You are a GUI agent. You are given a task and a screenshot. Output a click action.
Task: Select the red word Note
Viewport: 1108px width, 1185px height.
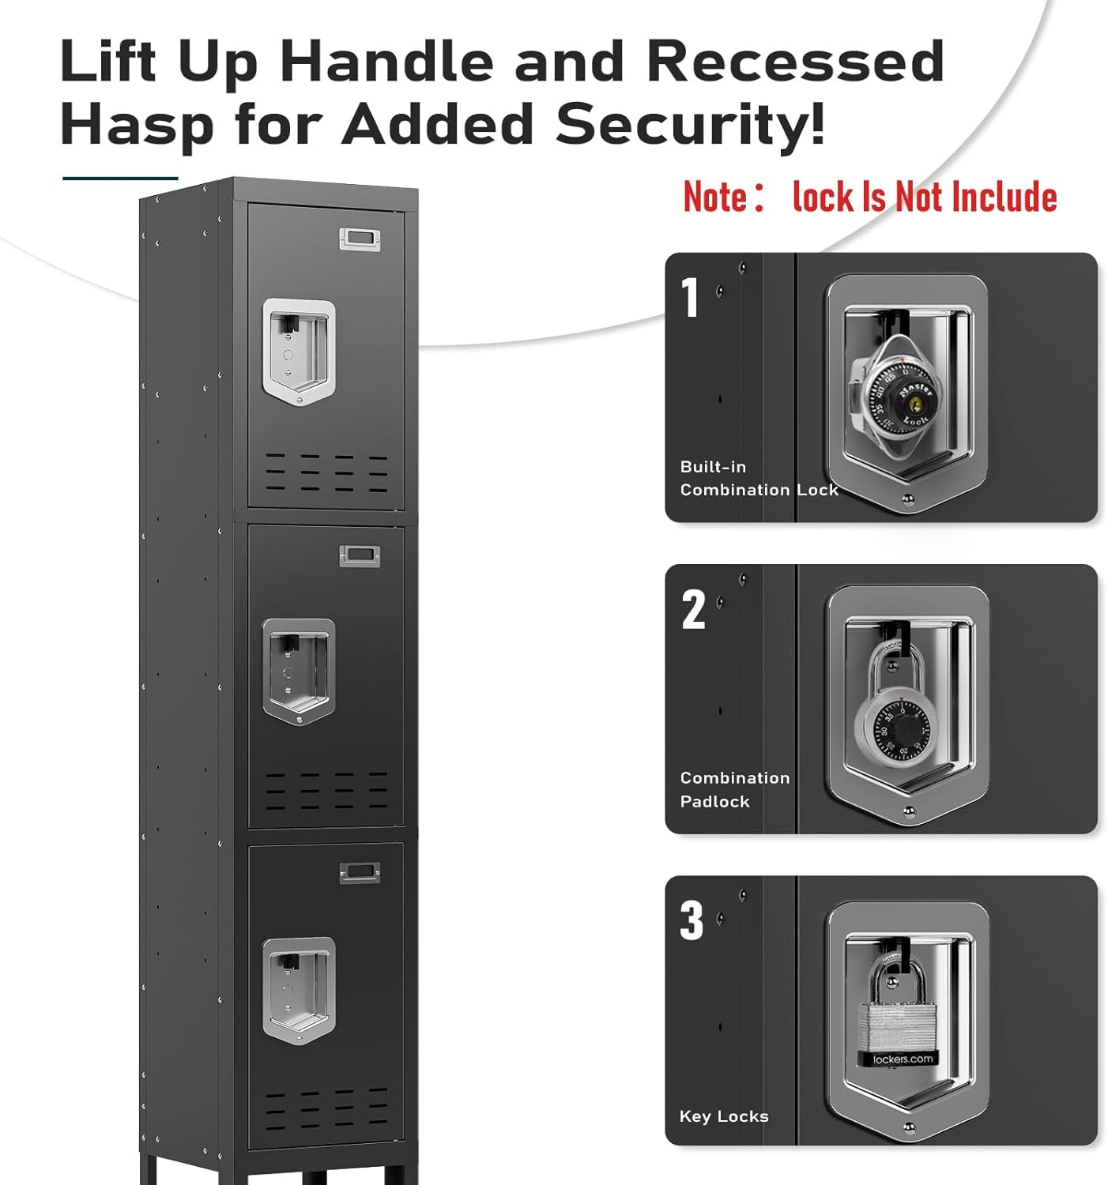(x=715, y=197)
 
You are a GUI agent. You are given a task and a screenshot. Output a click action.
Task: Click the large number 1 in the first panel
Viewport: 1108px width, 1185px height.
(x=691, y=298)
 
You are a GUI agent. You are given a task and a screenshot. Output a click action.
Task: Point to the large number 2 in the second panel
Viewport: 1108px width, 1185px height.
(x=693, y=610)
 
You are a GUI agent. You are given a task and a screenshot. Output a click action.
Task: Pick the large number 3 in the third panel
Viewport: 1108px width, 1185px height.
(x=692, y=921)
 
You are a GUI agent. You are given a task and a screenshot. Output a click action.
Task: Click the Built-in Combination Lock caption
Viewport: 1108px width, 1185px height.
(x=758, y=479)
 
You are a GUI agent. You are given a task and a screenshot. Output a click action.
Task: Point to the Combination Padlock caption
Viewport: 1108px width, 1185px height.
(x=734, y=789)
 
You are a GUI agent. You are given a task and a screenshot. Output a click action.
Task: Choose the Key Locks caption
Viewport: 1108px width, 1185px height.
(x=723, y=1116)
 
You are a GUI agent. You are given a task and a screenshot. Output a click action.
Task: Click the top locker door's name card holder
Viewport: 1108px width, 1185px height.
(x=360, y=238)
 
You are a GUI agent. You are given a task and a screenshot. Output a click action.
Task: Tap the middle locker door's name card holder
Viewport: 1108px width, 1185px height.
(x=360, y=556)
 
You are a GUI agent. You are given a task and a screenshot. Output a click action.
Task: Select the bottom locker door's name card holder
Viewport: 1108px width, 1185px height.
(x=360, y=872)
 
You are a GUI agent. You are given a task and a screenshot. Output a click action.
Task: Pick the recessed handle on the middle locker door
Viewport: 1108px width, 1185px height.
(x=299, y=671)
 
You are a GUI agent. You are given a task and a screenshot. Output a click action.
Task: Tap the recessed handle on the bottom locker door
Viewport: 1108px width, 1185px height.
(x=299, y=990)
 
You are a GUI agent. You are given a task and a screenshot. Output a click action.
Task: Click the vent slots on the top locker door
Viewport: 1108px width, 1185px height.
(x=326, y=472)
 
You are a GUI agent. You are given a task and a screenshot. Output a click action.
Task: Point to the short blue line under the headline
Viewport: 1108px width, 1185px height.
(x=120, y=179)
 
